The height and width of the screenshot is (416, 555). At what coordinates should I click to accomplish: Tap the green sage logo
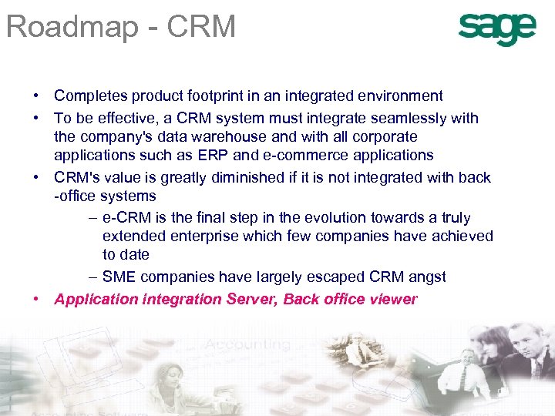click(x=496, y=29)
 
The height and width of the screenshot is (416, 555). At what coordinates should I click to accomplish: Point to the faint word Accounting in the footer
click(x=248, y=345)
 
